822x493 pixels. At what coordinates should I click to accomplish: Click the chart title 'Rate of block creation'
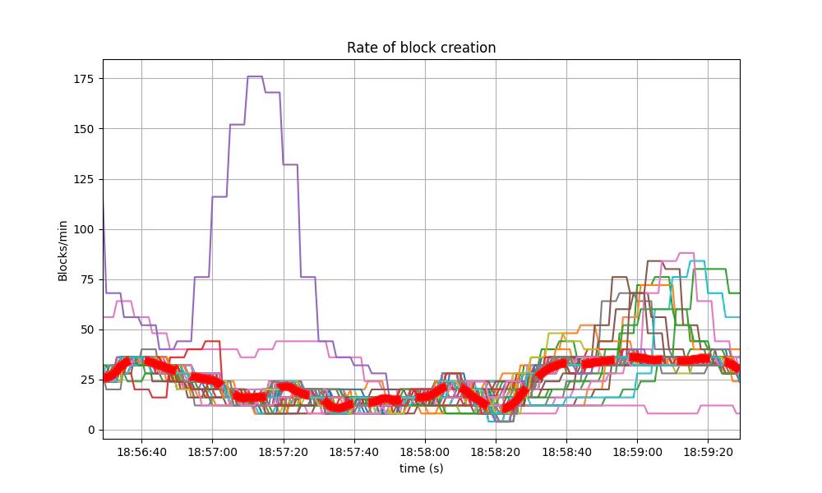click(x=421, y=48)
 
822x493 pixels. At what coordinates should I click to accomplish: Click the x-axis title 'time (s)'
click(x=421, y=468)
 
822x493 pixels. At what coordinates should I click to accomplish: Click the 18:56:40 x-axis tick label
click(x=141, y=452)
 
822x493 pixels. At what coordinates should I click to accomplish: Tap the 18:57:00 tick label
click(x=212, y=452)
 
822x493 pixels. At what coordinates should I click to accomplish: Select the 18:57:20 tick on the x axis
click(x=284, y=452)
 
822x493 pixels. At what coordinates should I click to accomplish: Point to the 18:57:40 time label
click(x=354, y=452)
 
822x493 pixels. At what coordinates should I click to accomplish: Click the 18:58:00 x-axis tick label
click(x=425, y=452)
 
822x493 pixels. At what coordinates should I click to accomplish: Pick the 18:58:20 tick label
click(x=496, y=452)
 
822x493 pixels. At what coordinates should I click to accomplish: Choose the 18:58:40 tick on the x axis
click(x=566, y=452)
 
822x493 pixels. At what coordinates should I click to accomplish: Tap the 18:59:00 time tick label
click(x=637, y=452)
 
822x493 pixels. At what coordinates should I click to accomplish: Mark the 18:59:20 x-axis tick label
click(x=709, y=452)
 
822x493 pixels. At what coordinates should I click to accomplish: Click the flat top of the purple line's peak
click(x=255, y=76)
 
